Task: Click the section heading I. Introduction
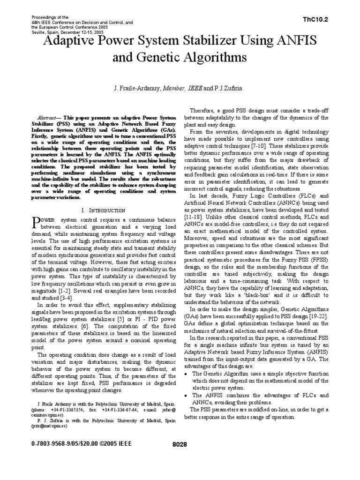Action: (103, 210)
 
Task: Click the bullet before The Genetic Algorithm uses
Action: (187, 360)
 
